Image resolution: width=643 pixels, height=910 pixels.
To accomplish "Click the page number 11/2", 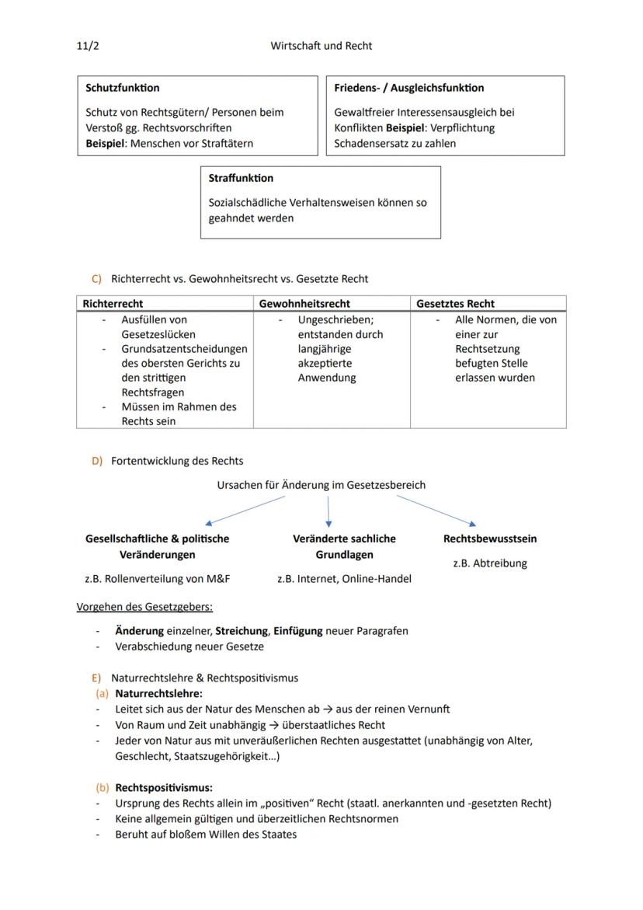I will pyautogui.click(x=88, y=46).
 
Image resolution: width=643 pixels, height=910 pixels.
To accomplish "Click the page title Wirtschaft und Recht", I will pyautogui.click(x=321, y=46).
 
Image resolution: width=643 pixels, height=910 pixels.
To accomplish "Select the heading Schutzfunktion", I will pyautogui.click(x=123, y=88).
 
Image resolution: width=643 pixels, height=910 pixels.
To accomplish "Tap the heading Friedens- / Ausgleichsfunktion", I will pyautogui.click(x=408, y=88).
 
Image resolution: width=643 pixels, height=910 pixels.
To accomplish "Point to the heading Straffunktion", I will pyautogui.click(x=241, y=178).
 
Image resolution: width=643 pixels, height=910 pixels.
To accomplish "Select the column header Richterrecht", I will pyautogui.click(x=113, y=304).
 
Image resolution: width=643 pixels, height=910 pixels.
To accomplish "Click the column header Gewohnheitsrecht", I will pyautogui.click(x=304, y=304).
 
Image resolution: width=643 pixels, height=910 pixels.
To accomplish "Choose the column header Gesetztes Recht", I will pyautogui.click(x=455, y=304).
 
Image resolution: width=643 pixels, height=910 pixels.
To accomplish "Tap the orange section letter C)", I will pyautogui.click(x=97, y=278).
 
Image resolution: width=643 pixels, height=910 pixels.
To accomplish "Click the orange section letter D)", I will pyautogui.click(x=97, y=461).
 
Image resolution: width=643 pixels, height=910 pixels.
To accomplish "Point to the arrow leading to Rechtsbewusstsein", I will pyautogui.click(x=436, y=511).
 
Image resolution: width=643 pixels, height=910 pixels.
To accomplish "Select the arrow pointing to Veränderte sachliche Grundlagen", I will pyautogui.click(x=328, y=513).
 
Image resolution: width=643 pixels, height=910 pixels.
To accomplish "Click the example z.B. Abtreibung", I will pyautogui.click(x=489, y=563).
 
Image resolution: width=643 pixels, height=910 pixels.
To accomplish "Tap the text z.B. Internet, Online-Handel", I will pyautogui.click(x=344, y=579).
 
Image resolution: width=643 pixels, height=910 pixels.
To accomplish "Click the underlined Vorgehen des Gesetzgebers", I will pyautogui.click(x=144, y=606).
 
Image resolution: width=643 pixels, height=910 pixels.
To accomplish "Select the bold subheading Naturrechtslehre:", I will pyautogui.click(x=158, y=693).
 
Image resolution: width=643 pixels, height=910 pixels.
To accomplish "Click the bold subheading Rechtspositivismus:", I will pyautogui.click(x=164, y=787).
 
